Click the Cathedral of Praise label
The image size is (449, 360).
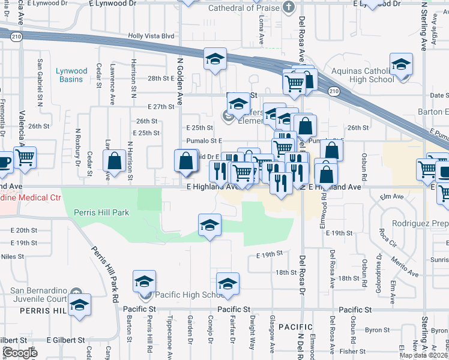244,8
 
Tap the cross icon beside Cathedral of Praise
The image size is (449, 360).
289,8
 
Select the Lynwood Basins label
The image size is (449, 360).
71,75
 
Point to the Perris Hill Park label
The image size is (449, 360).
101,212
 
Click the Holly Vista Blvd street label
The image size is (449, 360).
151,36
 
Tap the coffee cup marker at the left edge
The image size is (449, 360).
3,162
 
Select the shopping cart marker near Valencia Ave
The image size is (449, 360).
25,157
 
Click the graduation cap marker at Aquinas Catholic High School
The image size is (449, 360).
401,64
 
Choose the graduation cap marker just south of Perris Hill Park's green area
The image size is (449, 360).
209,224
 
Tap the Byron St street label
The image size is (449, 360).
378,330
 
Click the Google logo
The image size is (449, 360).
20,353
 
